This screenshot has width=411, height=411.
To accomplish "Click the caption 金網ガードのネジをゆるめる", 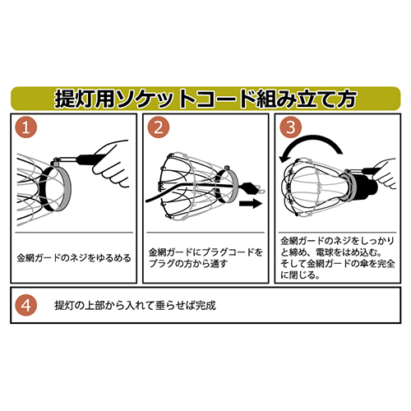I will pos(74,257).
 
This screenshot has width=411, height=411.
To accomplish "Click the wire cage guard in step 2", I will pos(187,181).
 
